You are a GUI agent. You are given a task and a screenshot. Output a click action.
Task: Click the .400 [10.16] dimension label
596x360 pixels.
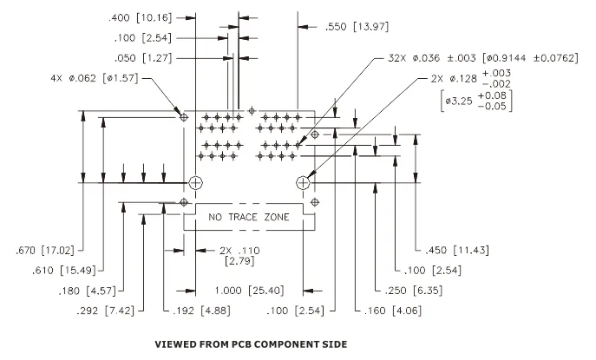[x=141, y=18]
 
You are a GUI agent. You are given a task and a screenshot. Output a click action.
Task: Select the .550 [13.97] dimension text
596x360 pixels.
[x=357, y=27]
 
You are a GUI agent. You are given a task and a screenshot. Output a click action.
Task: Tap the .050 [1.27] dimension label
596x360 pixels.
[x=143, y=58]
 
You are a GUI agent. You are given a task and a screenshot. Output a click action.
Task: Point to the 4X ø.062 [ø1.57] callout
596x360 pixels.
[x=95, y=78]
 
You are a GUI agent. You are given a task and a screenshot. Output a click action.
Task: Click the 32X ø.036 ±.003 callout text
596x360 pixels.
[x=432, y=58]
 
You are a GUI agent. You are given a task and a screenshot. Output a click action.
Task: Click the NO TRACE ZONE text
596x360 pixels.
[x=249, y=217]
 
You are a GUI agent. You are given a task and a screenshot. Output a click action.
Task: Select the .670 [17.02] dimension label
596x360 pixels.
[x=45, y=251]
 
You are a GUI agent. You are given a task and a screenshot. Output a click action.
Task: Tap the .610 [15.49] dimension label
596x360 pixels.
[x=64, y=271]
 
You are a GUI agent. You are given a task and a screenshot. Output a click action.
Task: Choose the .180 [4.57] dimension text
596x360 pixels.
[x=87, y=291]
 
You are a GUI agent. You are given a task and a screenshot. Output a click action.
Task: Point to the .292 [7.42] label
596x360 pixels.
[x=106, y=311]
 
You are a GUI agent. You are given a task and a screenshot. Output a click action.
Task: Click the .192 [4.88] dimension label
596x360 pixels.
[x=202, y=311]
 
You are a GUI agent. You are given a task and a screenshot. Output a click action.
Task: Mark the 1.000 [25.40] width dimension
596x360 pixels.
[x=249, y=291]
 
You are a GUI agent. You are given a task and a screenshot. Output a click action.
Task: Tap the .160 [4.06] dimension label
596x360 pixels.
[x=393, y=311]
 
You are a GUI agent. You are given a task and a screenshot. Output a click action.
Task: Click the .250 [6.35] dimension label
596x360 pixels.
[x=414, y=291]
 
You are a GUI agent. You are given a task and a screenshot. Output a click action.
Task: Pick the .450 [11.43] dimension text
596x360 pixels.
[x=457, y=250]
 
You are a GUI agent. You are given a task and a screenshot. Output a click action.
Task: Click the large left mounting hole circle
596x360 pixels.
[x=195, y=183]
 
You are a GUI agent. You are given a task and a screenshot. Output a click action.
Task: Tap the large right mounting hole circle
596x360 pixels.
[x=303, y=183]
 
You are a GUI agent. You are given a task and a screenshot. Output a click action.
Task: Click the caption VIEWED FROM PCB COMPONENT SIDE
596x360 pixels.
[x=251, y=344]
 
